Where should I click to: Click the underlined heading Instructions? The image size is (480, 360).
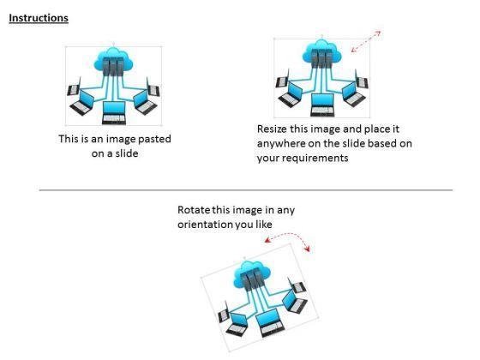tap(39, 18)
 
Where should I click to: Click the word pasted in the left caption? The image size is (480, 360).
tap(154, 139)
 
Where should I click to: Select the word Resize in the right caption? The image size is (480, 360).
tap(272, 129)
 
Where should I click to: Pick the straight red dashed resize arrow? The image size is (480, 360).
tap(366, 41)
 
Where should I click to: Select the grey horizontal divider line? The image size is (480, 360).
tap(246, 190)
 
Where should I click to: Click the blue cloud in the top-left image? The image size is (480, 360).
tap(113, 60)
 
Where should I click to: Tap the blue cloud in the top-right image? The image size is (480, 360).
tap(321, 52)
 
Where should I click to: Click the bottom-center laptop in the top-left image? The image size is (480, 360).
tap(114, 112)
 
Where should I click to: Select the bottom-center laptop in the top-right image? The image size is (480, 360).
tap(322, 105)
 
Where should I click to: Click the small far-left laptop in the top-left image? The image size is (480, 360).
tap(74, 87)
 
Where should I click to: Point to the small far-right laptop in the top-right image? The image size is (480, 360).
tap(361, 80)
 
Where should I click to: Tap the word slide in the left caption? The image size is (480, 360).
tap(127, 153)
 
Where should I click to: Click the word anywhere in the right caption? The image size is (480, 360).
tap(281, 144)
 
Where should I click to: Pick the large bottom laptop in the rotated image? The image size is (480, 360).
tap(270, 322)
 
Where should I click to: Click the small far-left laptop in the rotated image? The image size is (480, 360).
tap(224, 312)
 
